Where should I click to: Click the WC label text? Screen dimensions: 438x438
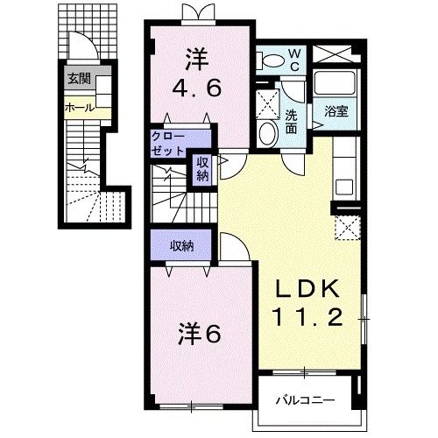pyautogui.click(x=295, y=60)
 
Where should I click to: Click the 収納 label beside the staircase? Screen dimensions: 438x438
pyautogui.click(x=202, y=168)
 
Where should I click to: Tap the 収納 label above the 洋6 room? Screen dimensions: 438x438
pyautogui.click(x=181, y=245)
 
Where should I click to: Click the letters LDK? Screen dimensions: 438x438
pyautogui.click(x=307, y=292)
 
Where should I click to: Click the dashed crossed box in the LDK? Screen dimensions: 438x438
pyautogui.click(x=348, y=228)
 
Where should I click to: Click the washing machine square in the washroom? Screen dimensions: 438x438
pyautogui.click(x=268, y=97)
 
